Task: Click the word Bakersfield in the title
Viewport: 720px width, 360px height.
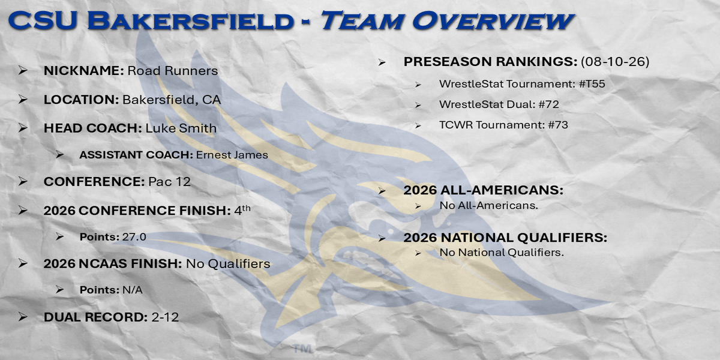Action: pos(190,21)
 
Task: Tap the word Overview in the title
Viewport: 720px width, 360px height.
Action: pos(493,21)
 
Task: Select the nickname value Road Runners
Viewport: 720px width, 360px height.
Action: pos(173,71)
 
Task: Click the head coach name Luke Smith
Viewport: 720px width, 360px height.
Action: pos(181,128)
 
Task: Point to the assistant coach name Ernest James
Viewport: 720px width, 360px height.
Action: pos(232,155)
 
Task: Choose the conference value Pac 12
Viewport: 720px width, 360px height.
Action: pos(169,182)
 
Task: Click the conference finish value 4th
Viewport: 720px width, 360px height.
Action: pos(242,210)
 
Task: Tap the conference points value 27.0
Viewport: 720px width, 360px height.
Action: pos(134,237)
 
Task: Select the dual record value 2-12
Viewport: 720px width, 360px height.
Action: pos(165,317)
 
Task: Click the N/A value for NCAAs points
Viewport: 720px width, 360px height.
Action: pos(133,290)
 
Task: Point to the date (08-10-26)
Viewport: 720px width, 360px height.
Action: pos(615,61)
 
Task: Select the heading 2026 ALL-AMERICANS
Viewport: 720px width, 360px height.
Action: pos(484,190)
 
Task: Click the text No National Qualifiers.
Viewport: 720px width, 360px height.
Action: pos(502,253)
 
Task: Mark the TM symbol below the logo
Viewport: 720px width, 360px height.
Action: pos(303,349)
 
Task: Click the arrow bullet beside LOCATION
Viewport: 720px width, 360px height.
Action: pos(23,100)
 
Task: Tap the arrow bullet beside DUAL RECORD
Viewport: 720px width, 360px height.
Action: pos(23,317)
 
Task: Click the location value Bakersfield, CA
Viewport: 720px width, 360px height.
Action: pos(172,100)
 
